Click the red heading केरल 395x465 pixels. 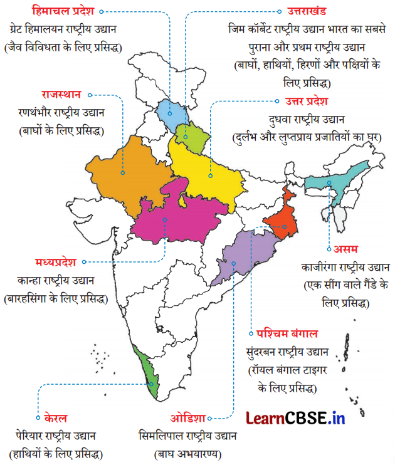56,417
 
